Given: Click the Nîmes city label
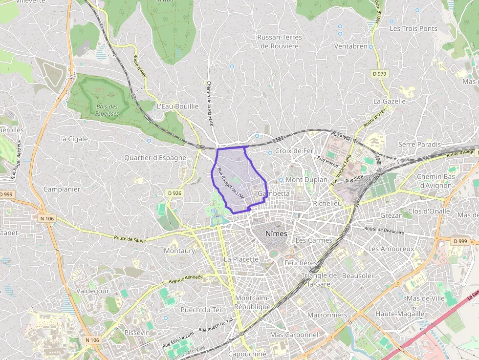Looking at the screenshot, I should click(276, 234).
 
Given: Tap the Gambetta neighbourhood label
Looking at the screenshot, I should click(273, 193).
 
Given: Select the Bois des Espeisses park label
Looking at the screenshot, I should click(108, 110).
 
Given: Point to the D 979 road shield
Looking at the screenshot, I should click(379, 74).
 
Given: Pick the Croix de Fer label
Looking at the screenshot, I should click(294, 151).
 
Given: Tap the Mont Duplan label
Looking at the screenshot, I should click(306, 180).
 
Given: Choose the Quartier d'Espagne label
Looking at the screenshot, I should click(155, 158).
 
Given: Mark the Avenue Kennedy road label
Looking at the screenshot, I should click(185, 279).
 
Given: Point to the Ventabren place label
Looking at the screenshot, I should click(350, 46).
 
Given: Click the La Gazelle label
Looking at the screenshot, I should click(390, 101).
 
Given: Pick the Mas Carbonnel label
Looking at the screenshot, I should click(294, 335).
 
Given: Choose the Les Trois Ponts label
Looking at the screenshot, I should click(413, 28).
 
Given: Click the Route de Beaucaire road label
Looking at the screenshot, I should click(384, 230).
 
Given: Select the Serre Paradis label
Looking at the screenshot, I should click(419, 144).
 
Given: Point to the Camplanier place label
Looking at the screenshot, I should click(62, 189).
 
